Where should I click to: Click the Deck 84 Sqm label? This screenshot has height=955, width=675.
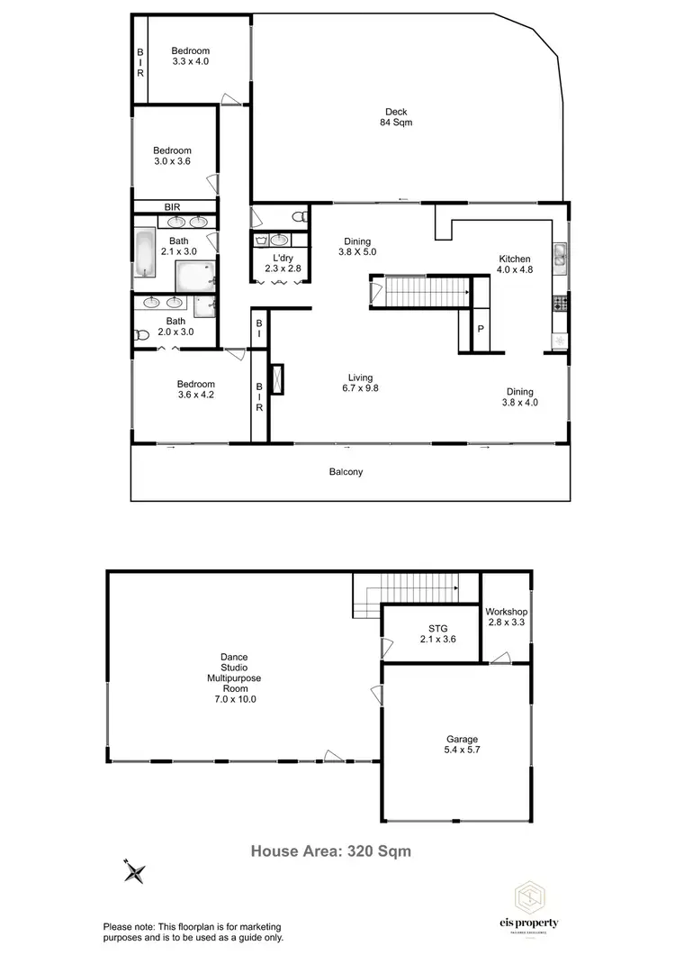point(397,117)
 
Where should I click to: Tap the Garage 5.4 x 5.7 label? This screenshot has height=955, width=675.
point(462,744)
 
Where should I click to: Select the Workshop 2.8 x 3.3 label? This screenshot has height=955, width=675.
point(507,617)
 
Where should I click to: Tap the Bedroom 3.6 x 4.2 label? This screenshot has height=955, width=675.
point(195,389)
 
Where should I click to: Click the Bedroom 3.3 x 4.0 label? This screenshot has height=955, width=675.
point(191,56)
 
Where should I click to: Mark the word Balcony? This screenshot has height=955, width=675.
point(346,472)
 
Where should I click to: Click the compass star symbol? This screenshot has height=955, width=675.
point(135,870)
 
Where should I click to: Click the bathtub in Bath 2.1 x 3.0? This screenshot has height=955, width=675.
point(145,255)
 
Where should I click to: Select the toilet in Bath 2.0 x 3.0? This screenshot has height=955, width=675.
point(141,335)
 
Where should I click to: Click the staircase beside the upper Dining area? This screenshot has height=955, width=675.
point(420,292)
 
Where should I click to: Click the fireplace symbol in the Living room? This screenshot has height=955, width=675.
point(277,379)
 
